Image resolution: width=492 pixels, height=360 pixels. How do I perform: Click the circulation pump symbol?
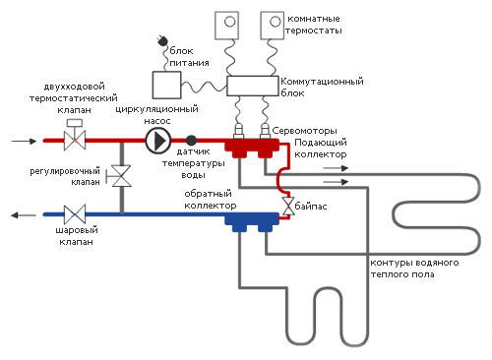click(x=157, y=141)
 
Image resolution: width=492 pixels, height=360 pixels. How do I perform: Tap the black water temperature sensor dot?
click(x=192, y=141)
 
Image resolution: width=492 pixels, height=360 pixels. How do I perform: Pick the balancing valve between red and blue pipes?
click(x=122, y=177)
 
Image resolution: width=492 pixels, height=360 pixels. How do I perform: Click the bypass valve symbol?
click(x=286, y=207)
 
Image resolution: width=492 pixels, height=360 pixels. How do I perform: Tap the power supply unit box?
click(x=170, y=88)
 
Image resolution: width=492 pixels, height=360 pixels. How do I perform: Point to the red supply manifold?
click(x=252, y=148)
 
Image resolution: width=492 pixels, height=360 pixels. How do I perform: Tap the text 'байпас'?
click(x=315, y=208)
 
